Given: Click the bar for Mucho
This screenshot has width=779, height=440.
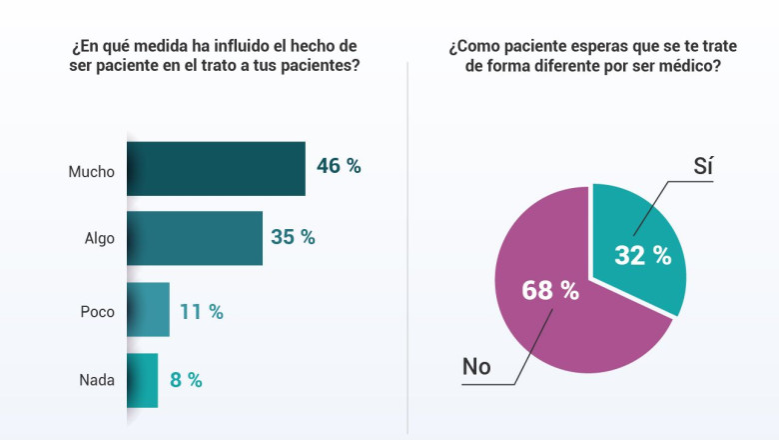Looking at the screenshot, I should [x=217, y=168].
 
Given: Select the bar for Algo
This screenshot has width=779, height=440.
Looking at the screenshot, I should [x=195, y=238].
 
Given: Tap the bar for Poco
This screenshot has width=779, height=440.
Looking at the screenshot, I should [x=149, y=310].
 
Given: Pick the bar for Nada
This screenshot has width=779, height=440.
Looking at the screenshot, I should [x=143, y=380].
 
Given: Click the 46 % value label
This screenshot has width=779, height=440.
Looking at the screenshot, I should [x=339, y=166].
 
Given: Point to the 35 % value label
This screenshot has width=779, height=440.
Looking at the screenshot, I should [x=293, y=237].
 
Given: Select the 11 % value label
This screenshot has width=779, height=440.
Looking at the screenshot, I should [x=201, y=311].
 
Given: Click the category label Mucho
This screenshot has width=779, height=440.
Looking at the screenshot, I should [x=92, y=171].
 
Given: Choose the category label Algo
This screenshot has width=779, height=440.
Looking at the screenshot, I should [x=100, y=239].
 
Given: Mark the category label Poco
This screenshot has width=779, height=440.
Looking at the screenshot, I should [x=98, y=311].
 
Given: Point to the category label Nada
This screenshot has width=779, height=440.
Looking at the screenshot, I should [x=97, y=380].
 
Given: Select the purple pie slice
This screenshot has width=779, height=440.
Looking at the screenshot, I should [x=559, y=320].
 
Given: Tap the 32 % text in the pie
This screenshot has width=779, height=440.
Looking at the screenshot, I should [x=642, y=256].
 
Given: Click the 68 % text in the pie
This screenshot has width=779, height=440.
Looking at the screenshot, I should [x=550, y=291].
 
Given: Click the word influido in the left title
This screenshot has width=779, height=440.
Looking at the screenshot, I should [x=233, y=46].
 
